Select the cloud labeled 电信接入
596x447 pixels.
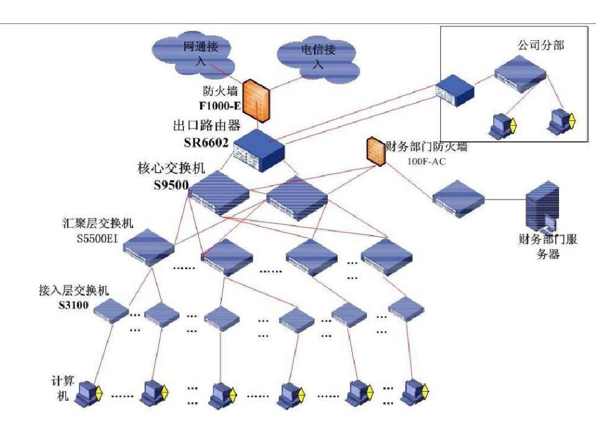[x=318, y=58]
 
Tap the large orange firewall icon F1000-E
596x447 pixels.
[x=257, y=99]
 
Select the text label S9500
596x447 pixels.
[x=172, y=185]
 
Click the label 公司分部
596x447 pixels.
[x=540, y=45]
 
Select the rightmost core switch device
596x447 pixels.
[x=297, y=197]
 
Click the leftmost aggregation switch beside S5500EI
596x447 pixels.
[x=148, y=247]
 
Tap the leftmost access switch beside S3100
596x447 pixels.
[x=111, y=311]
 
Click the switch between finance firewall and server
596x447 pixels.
[x=458, y=198]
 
